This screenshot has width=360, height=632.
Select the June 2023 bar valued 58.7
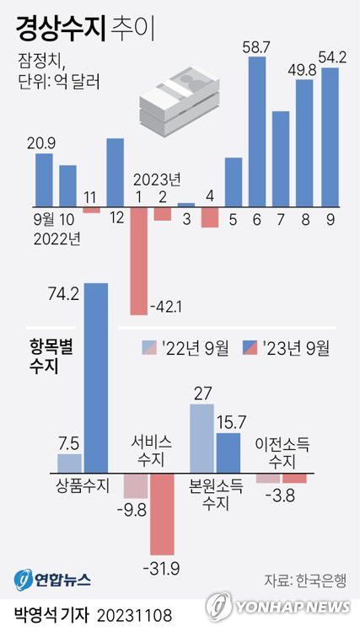pos(258,131)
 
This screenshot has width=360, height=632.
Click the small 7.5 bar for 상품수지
pos(69,463)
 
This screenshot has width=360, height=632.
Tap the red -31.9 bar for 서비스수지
pos(163,513)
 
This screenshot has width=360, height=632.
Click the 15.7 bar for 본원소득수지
pos(228,452)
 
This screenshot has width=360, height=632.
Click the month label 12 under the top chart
pos(116,217)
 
